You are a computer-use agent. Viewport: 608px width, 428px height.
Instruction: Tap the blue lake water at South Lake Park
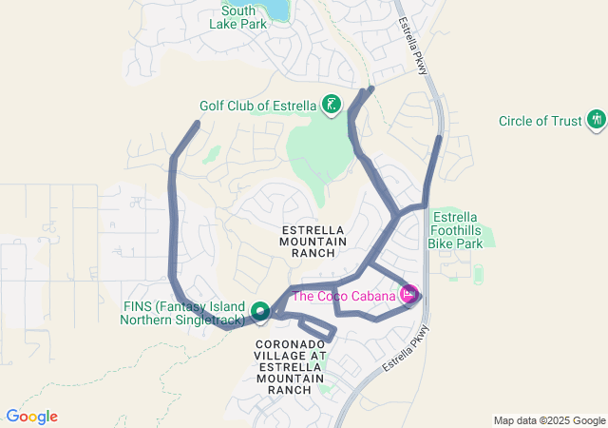pos(276,8)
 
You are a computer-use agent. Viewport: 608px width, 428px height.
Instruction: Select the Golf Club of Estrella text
pos(258,106)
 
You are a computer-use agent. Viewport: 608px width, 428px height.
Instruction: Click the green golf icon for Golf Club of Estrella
pos(331,105)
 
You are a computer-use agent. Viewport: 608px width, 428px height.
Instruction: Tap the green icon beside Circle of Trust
pos(597,120)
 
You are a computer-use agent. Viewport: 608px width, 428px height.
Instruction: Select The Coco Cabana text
pos(343,296)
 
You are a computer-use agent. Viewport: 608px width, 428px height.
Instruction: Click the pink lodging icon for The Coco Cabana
pos(409,296)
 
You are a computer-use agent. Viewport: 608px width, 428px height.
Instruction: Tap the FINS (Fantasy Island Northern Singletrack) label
pos(184,313)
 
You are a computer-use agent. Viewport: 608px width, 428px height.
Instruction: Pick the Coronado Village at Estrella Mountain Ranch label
pos(290,366)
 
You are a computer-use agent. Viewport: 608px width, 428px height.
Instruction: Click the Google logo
pos(31,417)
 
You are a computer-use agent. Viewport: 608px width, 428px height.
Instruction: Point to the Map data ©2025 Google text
pos(548,420)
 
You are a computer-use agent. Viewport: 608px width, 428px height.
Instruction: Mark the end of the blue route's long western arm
pos(198,123)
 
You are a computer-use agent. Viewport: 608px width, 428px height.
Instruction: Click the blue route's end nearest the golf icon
pos(370,89)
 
